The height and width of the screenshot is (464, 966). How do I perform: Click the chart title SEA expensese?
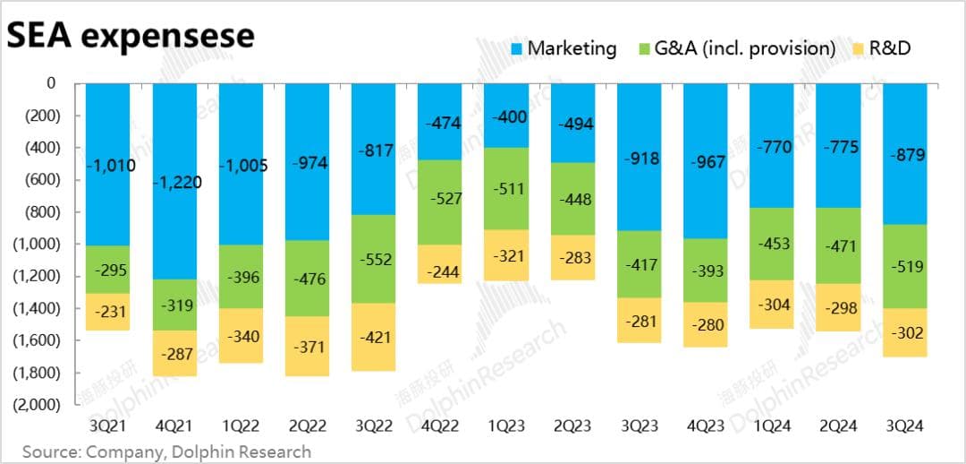point(131,36)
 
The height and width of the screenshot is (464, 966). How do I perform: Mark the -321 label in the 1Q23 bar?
point(506,255)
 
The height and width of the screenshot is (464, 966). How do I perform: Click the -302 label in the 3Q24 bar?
point(905,332)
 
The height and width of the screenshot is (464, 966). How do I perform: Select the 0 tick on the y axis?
point(51,83)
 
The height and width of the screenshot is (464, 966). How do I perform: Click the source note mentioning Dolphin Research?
point(166,451)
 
